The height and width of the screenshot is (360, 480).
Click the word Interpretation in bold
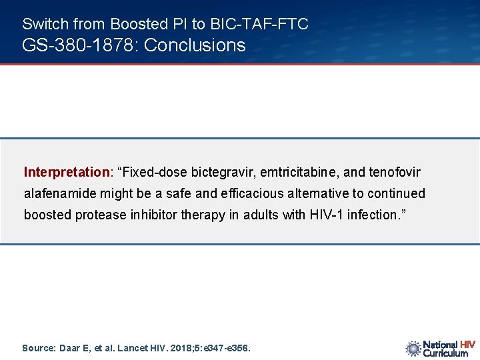click(x=67, y=172)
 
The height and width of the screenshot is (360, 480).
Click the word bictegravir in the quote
click(x=223, y=172)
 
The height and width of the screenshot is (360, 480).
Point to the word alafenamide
click(x=59, y=193)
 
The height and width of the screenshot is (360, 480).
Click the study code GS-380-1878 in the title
click(x=79, y=45)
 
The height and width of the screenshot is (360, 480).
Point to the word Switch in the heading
click(x=45, y=24)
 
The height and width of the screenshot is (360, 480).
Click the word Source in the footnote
click(x=38, y=348)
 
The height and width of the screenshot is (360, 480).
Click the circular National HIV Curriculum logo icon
click(x=413, y=348)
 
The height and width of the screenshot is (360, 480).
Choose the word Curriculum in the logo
click(x=445, y=353)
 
